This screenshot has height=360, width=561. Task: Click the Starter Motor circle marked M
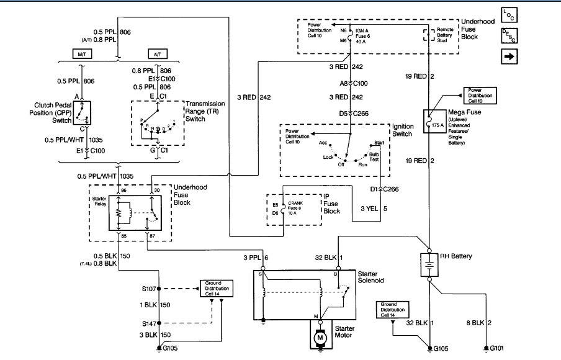pos(320,338)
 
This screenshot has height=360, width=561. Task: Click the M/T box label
pos(82,53)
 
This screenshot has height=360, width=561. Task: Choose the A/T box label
pos(155,53)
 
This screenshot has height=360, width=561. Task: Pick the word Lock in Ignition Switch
pos(328,158)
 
